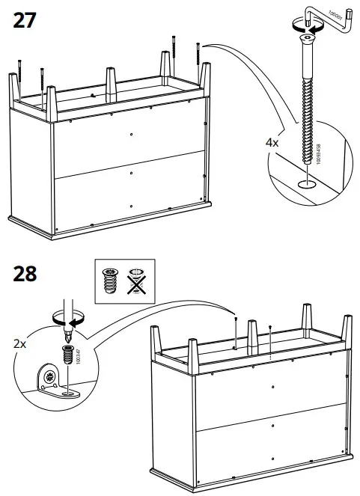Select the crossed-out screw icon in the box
pos(135,280)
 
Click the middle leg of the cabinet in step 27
pos(110,79)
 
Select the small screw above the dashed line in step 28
pos(268,326)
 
